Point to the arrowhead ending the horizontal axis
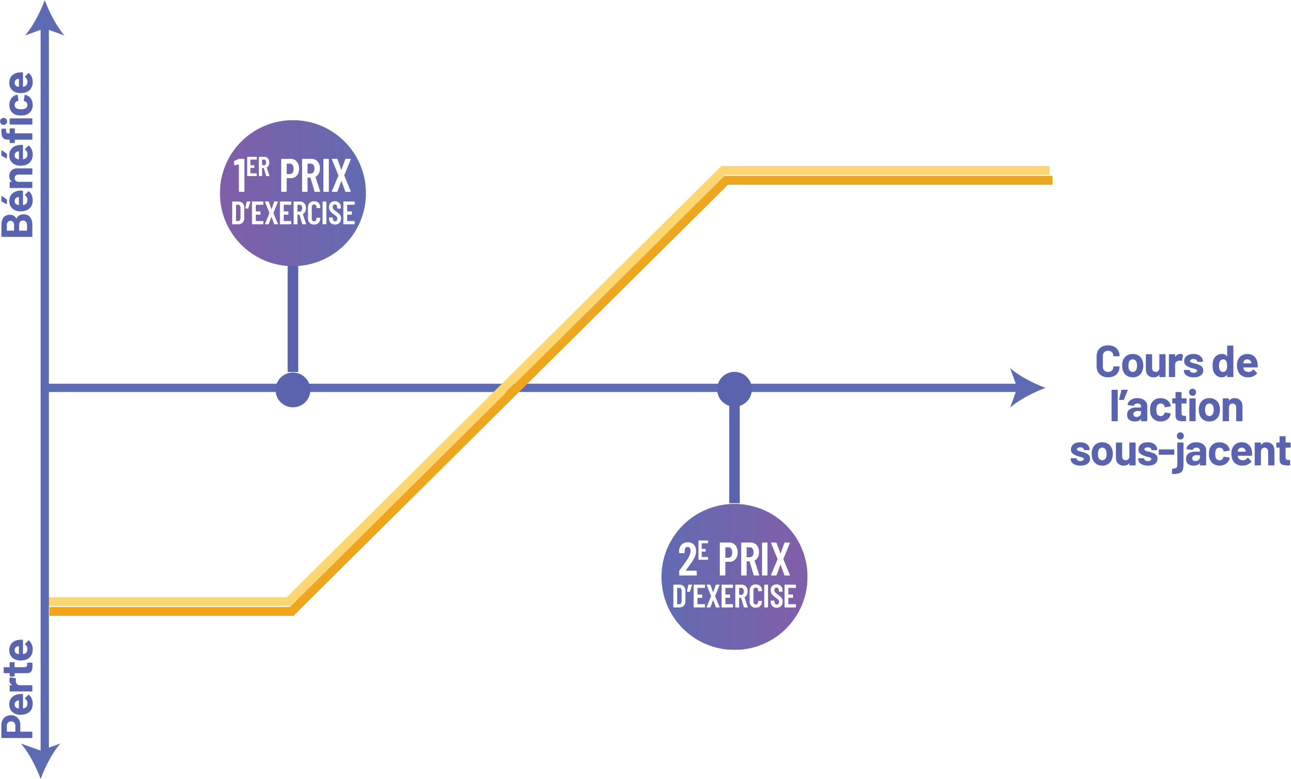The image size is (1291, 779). pyautogui.click(x=1027, y=388)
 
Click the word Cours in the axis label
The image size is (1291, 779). pyautogui.click(x=1134, y=362)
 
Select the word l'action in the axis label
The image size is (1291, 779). pyautogui.click(x=1176, y=407)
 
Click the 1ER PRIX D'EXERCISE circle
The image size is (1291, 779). pyautogui.click(x=293, y=193)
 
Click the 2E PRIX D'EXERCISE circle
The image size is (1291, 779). pyautogui.click(x=735, y=577)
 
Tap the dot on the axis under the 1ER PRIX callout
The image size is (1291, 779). pyautogui.click(x=293, y=390)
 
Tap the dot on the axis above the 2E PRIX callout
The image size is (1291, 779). pyautogui.click(x=735, y=389)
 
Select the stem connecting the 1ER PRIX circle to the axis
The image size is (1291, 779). pyautogui.click(x=293, y=320)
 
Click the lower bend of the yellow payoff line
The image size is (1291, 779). pyautogui.click(x=290, y=606)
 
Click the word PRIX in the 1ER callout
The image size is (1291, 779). pyautogui.click(x=315, y=176)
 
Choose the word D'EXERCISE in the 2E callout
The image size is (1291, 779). pyautogui.click(x=735, y=597)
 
